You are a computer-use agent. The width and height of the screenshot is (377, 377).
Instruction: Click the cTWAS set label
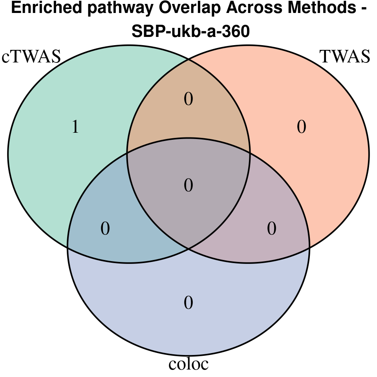coord(31,57)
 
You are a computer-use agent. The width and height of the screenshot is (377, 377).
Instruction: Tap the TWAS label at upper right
coord(345,57)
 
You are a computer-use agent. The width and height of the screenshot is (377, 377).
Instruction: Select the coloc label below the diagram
coord(188,364)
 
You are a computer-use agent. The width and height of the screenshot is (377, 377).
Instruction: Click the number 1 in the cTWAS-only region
coord(75,127)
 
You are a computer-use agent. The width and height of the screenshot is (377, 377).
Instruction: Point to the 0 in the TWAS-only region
coord(301,127)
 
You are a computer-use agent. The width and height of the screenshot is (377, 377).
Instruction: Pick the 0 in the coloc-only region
coord(188,303)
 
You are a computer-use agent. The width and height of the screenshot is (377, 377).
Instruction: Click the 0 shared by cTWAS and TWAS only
coord(188,99)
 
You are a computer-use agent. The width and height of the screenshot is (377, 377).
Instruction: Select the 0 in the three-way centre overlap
coord(188,185)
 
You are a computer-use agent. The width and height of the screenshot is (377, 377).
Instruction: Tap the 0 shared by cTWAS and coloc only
coord(105,229)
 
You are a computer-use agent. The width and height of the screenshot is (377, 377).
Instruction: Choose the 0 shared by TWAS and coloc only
coord(272,229)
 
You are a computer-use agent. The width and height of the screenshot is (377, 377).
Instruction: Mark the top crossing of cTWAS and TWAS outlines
coord(188,60)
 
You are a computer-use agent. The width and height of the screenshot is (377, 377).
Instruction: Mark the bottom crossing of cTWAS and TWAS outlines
coord(188,248)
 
